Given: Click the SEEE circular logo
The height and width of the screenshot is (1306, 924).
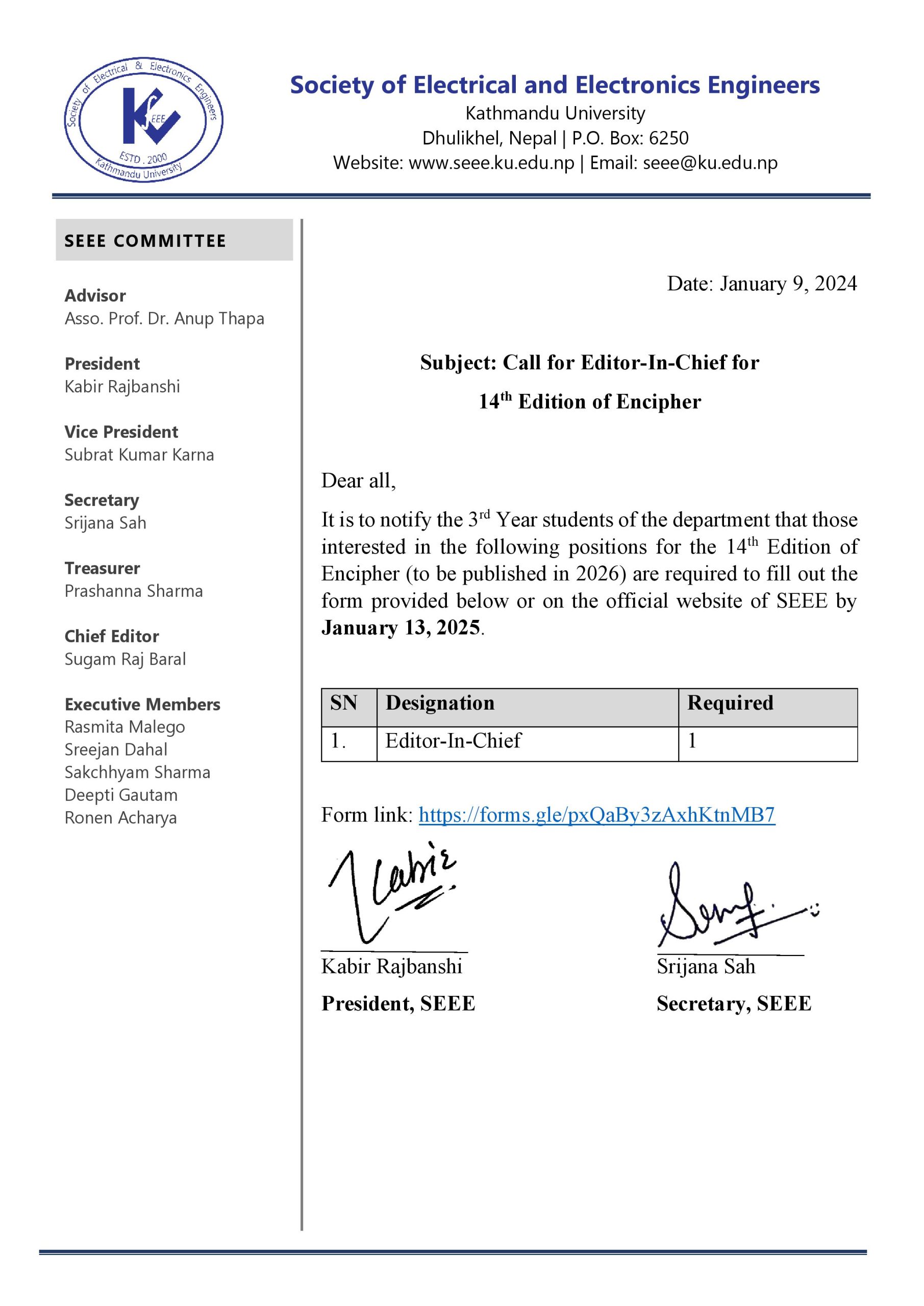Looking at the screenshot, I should pos(143,120).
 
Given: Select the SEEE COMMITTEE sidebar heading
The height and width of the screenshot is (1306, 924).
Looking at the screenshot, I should pos(145,241).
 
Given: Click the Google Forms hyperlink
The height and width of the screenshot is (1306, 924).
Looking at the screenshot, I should pos(596,815).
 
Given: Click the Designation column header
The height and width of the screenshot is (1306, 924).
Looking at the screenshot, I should pos(440,703).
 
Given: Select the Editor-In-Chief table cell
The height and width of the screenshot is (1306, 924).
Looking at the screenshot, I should pos(453,741).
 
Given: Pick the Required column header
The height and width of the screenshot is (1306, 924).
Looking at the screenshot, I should pos(730,703).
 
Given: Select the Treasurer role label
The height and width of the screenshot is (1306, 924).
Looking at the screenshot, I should pos(103,568).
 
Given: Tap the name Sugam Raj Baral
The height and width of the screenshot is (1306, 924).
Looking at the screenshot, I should pos(125,659).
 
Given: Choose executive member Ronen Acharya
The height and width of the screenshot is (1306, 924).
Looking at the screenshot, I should pos(120,818).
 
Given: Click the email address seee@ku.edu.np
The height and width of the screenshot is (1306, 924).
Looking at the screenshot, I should pos(710,163).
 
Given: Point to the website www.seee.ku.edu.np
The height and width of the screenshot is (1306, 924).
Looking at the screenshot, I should pos(491,163).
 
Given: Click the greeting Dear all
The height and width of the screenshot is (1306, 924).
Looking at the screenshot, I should pos(358,481).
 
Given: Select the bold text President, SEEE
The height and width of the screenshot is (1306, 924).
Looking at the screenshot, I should pos(397,1004).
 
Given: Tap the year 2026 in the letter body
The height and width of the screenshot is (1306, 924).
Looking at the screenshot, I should pos(597,574).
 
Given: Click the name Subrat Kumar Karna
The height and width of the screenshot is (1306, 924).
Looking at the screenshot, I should pos(139,455).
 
